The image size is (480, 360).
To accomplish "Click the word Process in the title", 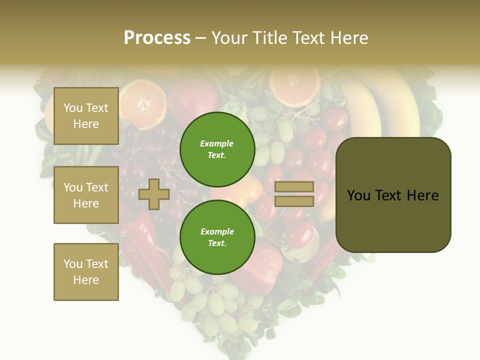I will point(157,38).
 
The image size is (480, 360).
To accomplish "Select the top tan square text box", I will point(86,116).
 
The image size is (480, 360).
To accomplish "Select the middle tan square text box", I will point(86,195).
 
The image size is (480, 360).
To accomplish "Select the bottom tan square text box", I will point(86,271).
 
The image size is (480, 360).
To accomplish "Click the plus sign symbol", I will point(154,194).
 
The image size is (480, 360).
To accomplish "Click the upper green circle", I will point(217,149).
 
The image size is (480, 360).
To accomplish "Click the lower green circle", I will point(217,237).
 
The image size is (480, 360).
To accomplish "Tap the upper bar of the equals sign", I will point(294,187).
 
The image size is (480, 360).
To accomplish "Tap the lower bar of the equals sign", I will point(294,201).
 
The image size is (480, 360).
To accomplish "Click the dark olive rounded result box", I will point(393,195).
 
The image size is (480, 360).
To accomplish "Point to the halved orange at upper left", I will point(143,104).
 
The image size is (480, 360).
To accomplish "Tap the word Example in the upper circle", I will point(216,143).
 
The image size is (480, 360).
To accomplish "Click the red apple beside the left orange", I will point(192,100).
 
